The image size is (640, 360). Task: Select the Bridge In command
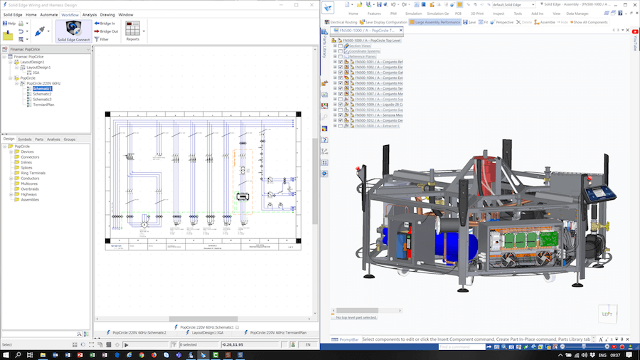pos(107,23)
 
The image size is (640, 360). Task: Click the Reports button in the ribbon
pos(132,31)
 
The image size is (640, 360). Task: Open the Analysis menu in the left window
pos(90,14)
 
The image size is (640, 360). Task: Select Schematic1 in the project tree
pos(42,88)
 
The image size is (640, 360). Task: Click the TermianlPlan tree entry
pos(45,104)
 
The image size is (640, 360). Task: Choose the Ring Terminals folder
pos(33,173)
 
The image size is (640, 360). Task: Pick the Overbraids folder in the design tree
pos(31,189)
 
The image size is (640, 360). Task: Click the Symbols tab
pos(24,139)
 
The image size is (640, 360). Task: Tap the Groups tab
pos(70,139)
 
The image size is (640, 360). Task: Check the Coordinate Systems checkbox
pos(340,51)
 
